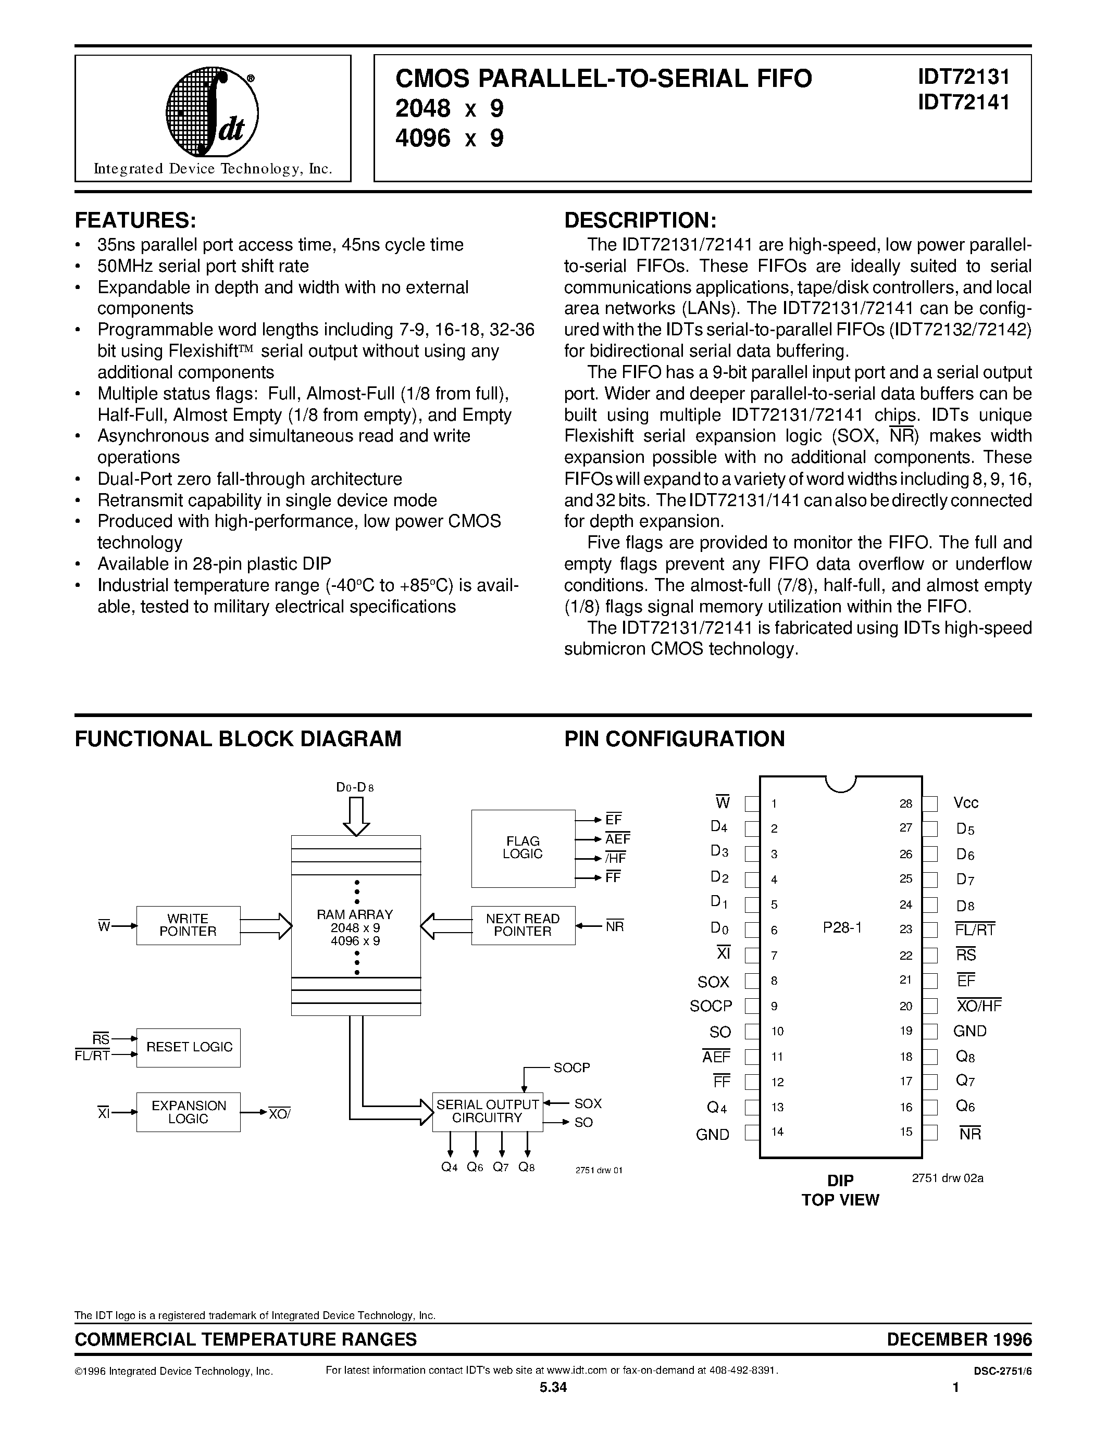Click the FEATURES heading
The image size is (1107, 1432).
(x=136, y=220)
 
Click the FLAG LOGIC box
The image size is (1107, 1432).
(x=523, y=848)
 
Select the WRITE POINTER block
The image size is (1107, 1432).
(x=188, y=925)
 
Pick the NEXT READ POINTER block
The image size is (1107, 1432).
(x=523, y=925)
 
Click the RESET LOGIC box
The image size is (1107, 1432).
(x=188, y=1047)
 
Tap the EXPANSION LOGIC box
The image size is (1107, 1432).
(x=188, y=1112)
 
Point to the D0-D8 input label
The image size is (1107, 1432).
(x=355, y=787)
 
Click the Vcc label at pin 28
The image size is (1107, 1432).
(x=966, y=803)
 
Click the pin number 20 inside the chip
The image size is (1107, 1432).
(x=906, y=1007)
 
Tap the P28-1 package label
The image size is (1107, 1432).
(x=842, y=928)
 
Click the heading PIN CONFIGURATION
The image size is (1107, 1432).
(x=674, y=739)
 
